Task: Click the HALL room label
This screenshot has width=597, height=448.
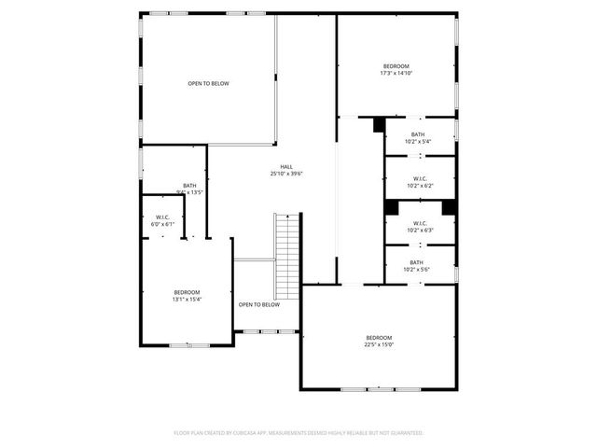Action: coord(286,166)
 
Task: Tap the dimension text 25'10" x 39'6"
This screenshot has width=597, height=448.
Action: coord(286,174)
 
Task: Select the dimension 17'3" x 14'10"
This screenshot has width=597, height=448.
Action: coord(396,73)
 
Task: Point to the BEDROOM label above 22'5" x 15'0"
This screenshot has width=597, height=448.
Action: coord(379,337)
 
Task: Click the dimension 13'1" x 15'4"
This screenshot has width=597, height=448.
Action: coord(187,300)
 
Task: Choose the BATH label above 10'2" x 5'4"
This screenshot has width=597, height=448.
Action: coord(418,134)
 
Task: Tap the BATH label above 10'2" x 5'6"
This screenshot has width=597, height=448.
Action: coord(416,262)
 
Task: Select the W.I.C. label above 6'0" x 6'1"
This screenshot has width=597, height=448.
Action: coord(162,217)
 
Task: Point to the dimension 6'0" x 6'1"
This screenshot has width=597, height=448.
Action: coord(162,225)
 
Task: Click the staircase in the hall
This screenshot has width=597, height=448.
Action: coord(287,257)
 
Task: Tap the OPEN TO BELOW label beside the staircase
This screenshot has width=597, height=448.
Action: coord(258,304)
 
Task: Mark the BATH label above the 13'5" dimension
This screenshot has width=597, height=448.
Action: coord(189,185)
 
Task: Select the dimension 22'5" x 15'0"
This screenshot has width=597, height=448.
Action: coord(379,344)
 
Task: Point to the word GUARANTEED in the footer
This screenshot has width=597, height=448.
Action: coord(407,433)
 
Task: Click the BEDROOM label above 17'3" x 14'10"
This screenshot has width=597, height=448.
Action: coord(396,65)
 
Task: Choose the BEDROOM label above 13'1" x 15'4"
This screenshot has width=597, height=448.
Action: coord(187,292)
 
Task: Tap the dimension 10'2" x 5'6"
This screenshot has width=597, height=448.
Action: coord(416,270)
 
